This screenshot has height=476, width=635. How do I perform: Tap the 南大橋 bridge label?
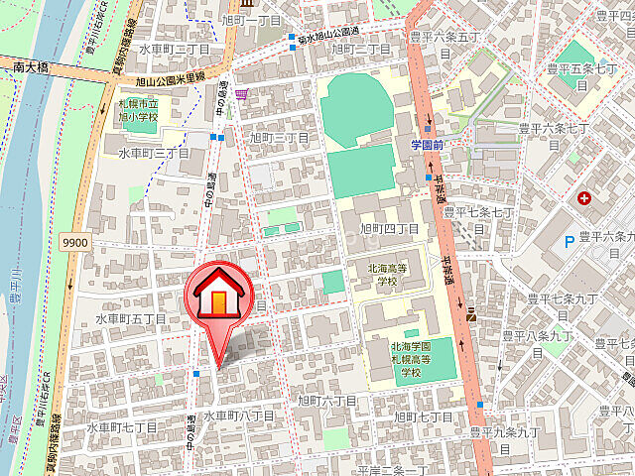pos(32,68)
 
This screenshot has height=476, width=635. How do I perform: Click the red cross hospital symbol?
pos(583,198)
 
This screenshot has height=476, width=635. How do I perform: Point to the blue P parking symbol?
pos(569,241)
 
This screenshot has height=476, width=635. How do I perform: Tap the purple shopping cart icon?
pos(243,94)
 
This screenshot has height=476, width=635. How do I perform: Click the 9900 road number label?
pos(73,241)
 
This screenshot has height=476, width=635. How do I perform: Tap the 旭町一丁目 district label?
pos(252,21)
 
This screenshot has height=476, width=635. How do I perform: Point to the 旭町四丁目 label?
pos(388,229)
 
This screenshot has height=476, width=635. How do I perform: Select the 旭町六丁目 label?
pos(326,400)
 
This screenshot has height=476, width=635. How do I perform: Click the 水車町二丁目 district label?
pos(175,49)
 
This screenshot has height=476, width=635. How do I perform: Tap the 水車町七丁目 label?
pos(122,427)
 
